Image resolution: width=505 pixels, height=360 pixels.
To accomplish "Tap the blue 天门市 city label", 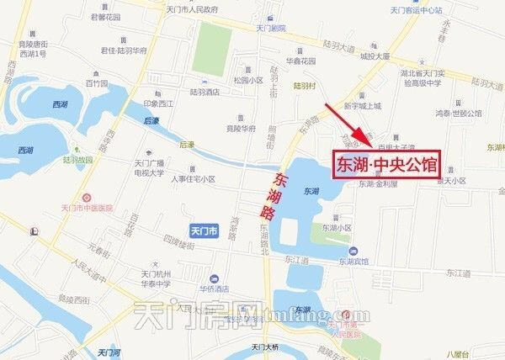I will (x=205, y=230).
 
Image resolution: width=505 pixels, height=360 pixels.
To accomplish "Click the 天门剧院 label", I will (x=271, y=28).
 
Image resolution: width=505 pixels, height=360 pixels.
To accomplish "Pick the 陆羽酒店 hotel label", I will (x=205, y=92).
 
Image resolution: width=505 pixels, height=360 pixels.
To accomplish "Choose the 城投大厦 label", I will (x=375, y=57).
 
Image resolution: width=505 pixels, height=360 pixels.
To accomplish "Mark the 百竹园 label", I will (x=97, y=84).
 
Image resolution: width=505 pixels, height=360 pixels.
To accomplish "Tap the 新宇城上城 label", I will (x=363, y=106).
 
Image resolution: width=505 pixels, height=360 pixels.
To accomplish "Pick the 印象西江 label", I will (x=156, y=103).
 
